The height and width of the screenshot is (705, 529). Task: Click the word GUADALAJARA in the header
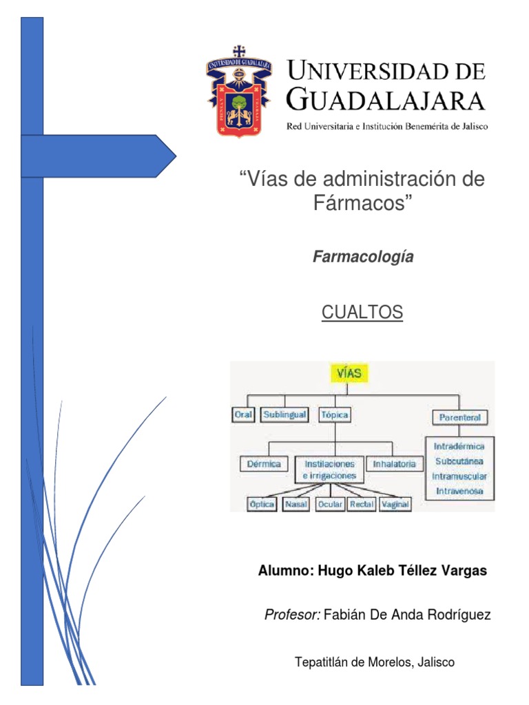point(385,101)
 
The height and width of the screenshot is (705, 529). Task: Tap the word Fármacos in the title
point(357,204)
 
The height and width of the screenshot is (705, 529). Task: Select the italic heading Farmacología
point(364,257)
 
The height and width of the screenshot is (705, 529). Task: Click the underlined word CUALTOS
point(362,313)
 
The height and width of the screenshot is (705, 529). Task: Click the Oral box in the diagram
point(243,415)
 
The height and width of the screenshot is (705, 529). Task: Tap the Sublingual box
point(283,415)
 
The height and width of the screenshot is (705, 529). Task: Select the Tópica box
point(334,415)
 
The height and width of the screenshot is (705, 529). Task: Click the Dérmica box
point(264,463)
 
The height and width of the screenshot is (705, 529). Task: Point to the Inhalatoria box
point(394,463)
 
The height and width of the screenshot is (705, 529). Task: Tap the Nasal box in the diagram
point(296,504)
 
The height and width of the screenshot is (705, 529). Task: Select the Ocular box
point(330,504)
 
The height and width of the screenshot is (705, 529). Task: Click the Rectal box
point(362,504)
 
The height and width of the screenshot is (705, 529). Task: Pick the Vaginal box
point(395,504)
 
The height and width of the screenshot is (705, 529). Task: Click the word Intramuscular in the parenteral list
point(459,476)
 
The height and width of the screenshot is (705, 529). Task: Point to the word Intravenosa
point(459,491)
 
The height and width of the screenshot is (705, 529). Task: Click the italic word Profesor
point(292,615)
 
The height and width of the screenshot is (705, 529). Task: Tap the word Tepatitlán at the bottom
point(322,662)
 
